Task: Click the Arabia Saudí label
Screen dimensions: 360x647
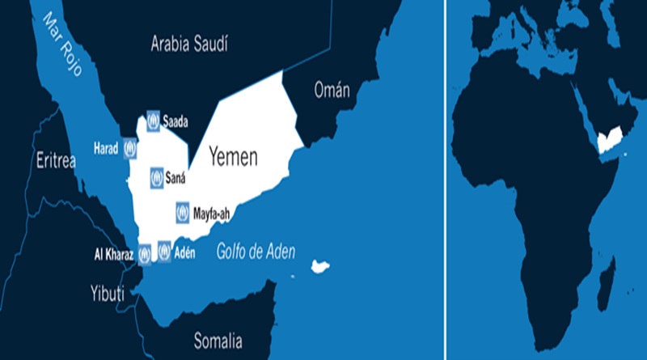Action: (189, 44)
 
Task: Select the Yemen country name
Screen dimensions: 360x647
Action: (234, 156)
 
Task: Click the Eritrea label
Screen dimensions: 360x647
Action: (56, 160)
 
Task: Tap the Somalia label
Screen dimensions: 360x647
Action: (218, 340)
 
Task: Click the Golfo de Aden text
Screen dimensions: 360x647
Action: (256, 252)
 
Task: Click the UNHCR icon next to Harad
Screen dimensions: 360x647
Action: (129, 149)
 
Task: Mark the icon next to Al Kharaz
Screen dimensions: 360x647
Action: (145, 255)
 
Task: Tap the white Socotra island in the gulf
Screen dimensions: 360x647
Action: (321, 265)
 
